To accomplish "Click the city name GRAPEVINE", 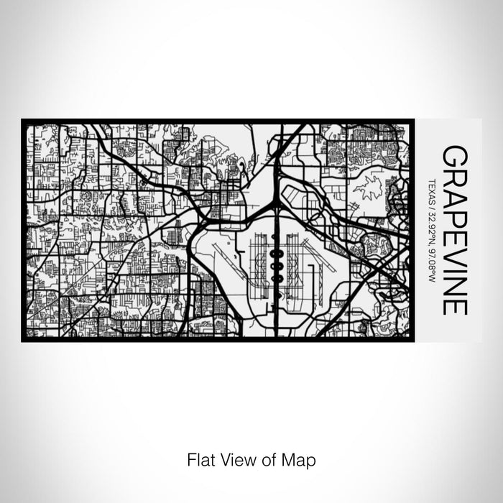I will (x=455, y=230).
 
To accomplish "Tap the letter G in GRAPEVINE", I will (x=455, y=156).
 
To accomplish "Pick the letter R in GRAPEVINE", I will (x=455, y=176).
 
